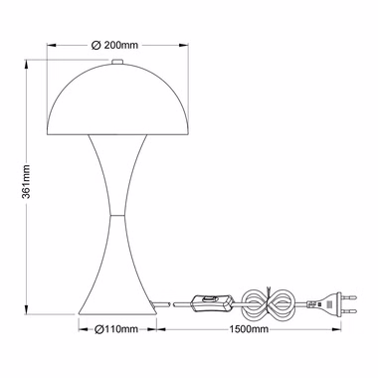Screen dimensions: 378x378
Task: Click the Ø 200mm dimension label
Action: [x=114, y=45]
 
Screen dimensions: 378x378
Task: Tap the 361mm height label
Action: [x=26, y=181]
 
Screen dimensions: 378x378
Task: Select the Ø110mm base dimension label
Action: [x=116, y=329]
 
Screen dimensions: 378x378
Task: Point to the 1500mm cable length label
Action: [x=249, y=329]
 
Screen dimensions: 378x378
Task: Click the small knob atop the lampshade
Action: [x=117, y=62]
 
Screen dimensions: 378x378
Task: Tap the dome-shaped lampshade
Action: [x=117, y=99]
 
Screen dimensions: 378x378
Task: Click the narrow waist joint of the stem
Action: [x=117, y=215]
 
